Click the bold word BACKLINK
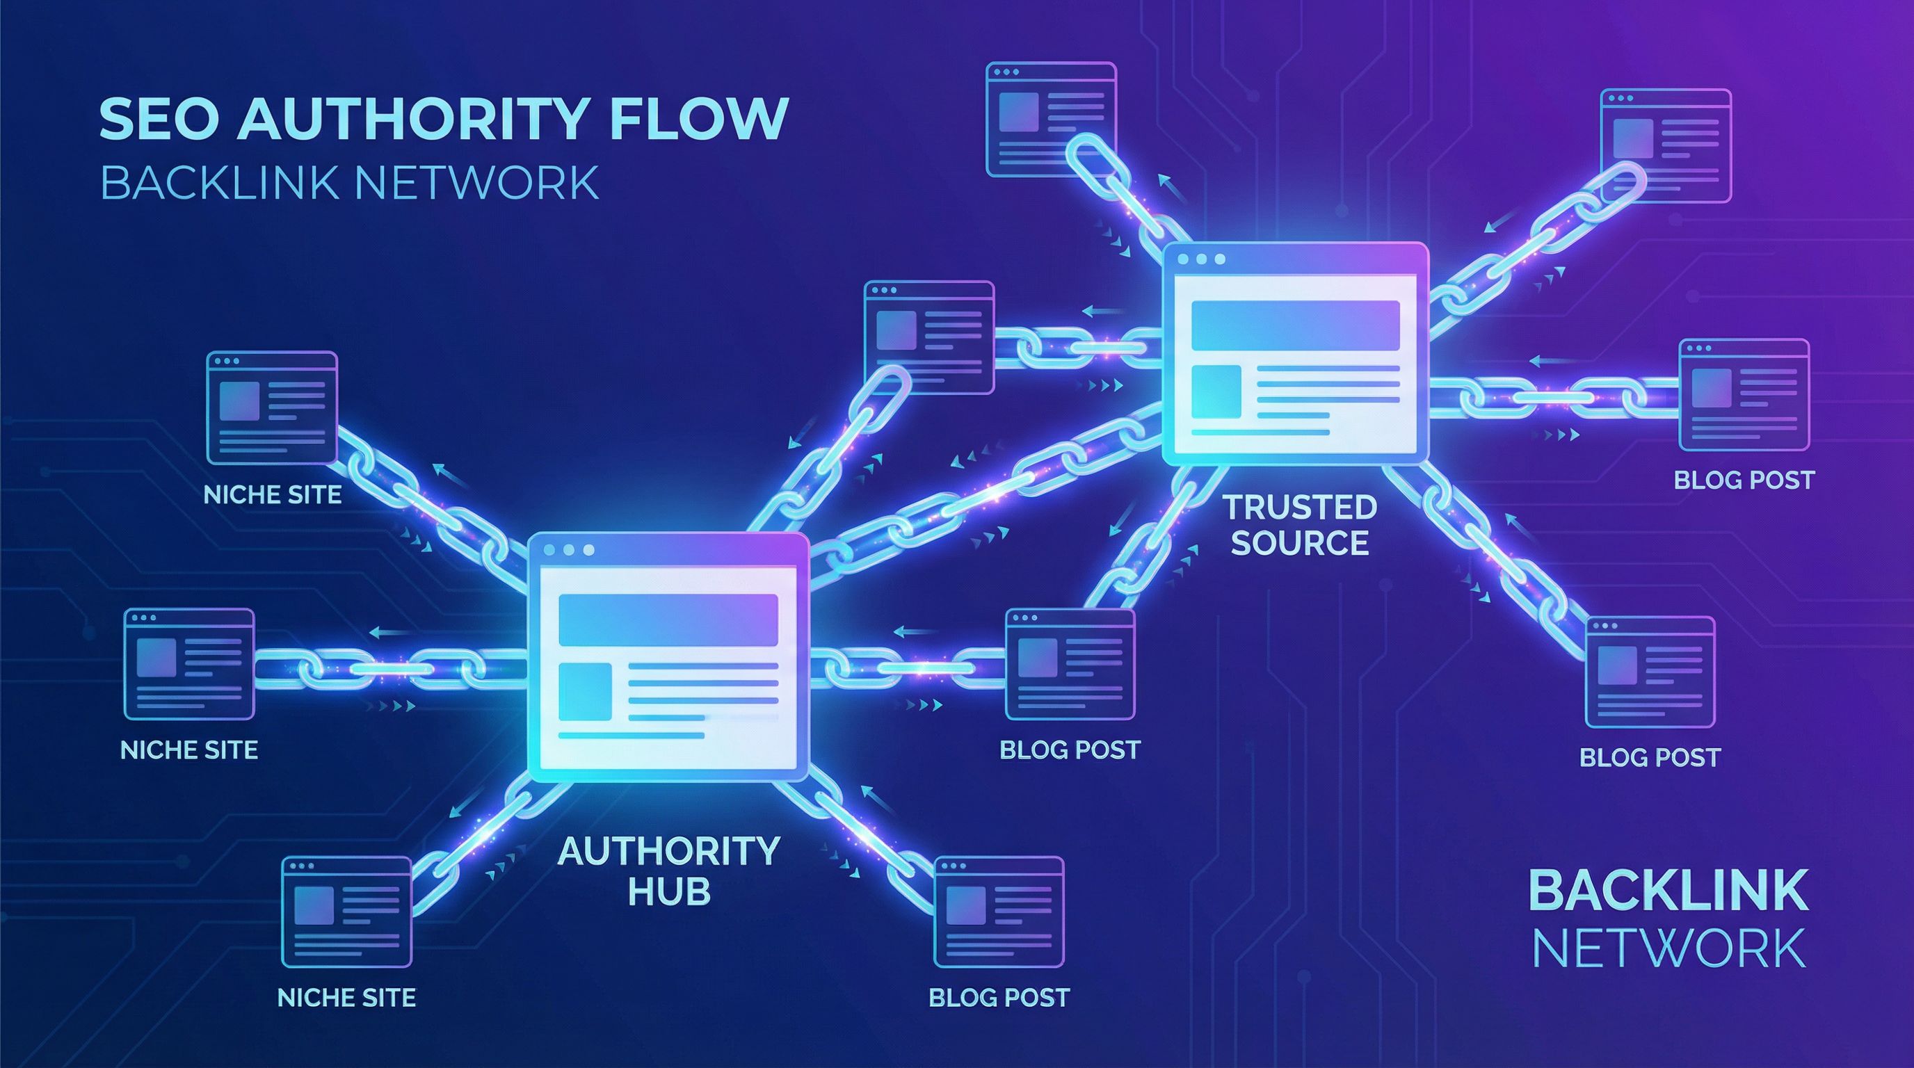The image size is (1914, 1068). click(x=1668, y=891)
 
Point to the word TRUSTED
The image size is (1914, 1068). click(x=1301, y=508)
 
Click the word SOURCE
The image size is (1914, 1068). click(x=1301, y=543)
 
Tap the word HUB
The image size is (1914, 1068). click(x=668, y=891)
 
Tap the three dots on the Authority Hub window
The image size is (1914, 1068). click(x=569, y=550)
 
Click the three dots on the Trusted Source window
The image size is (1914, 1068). click(x=1201, y=259)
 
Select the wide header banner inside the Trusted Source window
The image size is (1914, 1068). click(x=1295, y=325)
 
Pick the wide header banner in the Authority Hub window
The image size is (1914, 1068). click(x=668, y=620)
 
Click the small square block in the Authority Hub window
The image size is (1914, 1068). click(x=586, y=691)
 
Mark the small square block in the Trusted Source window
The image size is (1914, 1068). click(x=1216, y=391)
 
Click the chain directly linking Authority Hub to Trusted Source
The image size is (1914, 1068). click(x=988, y=483)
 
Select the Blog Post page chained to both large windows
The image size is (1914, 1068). click(x=1070, y=665)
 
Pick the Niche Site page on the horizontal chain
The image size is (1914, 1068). click(x=188, y=665)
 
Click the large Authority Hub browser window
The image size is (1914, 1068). click(x=668, y=657)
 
